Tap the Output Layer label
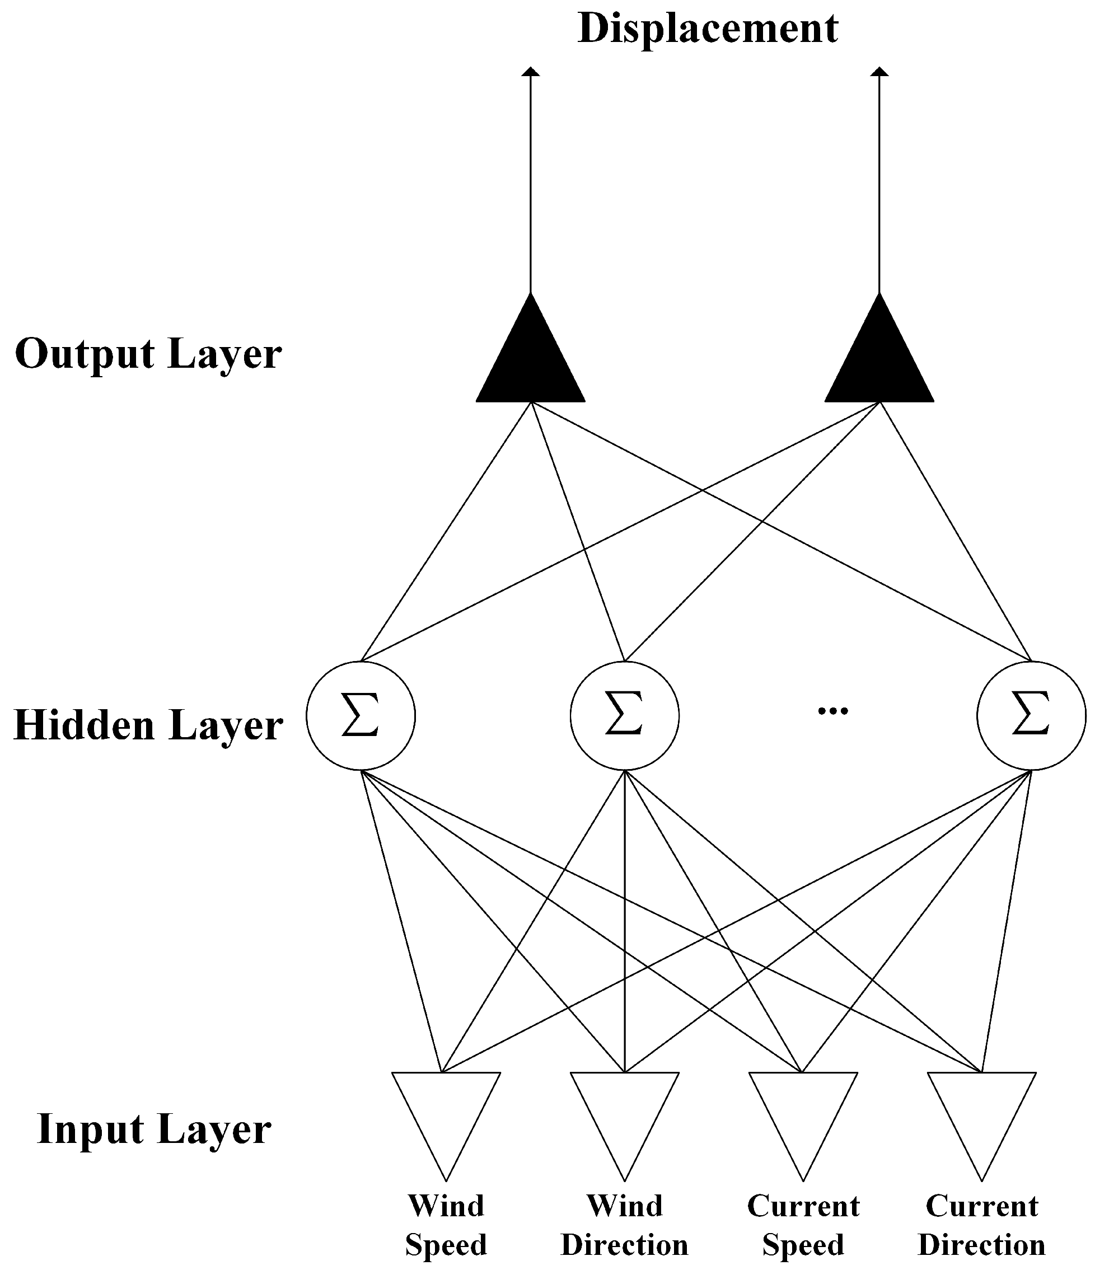coord(148,354)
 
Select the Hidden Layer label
coord(148,724)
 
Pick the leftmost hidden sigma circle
coord(361,715)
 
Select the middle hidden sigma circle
coord(624,715)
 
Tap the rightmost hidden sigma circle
coord(1031,715)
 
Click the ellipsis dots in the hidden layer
coord(832,711)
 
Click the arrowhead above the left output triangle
coord(530,72)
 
